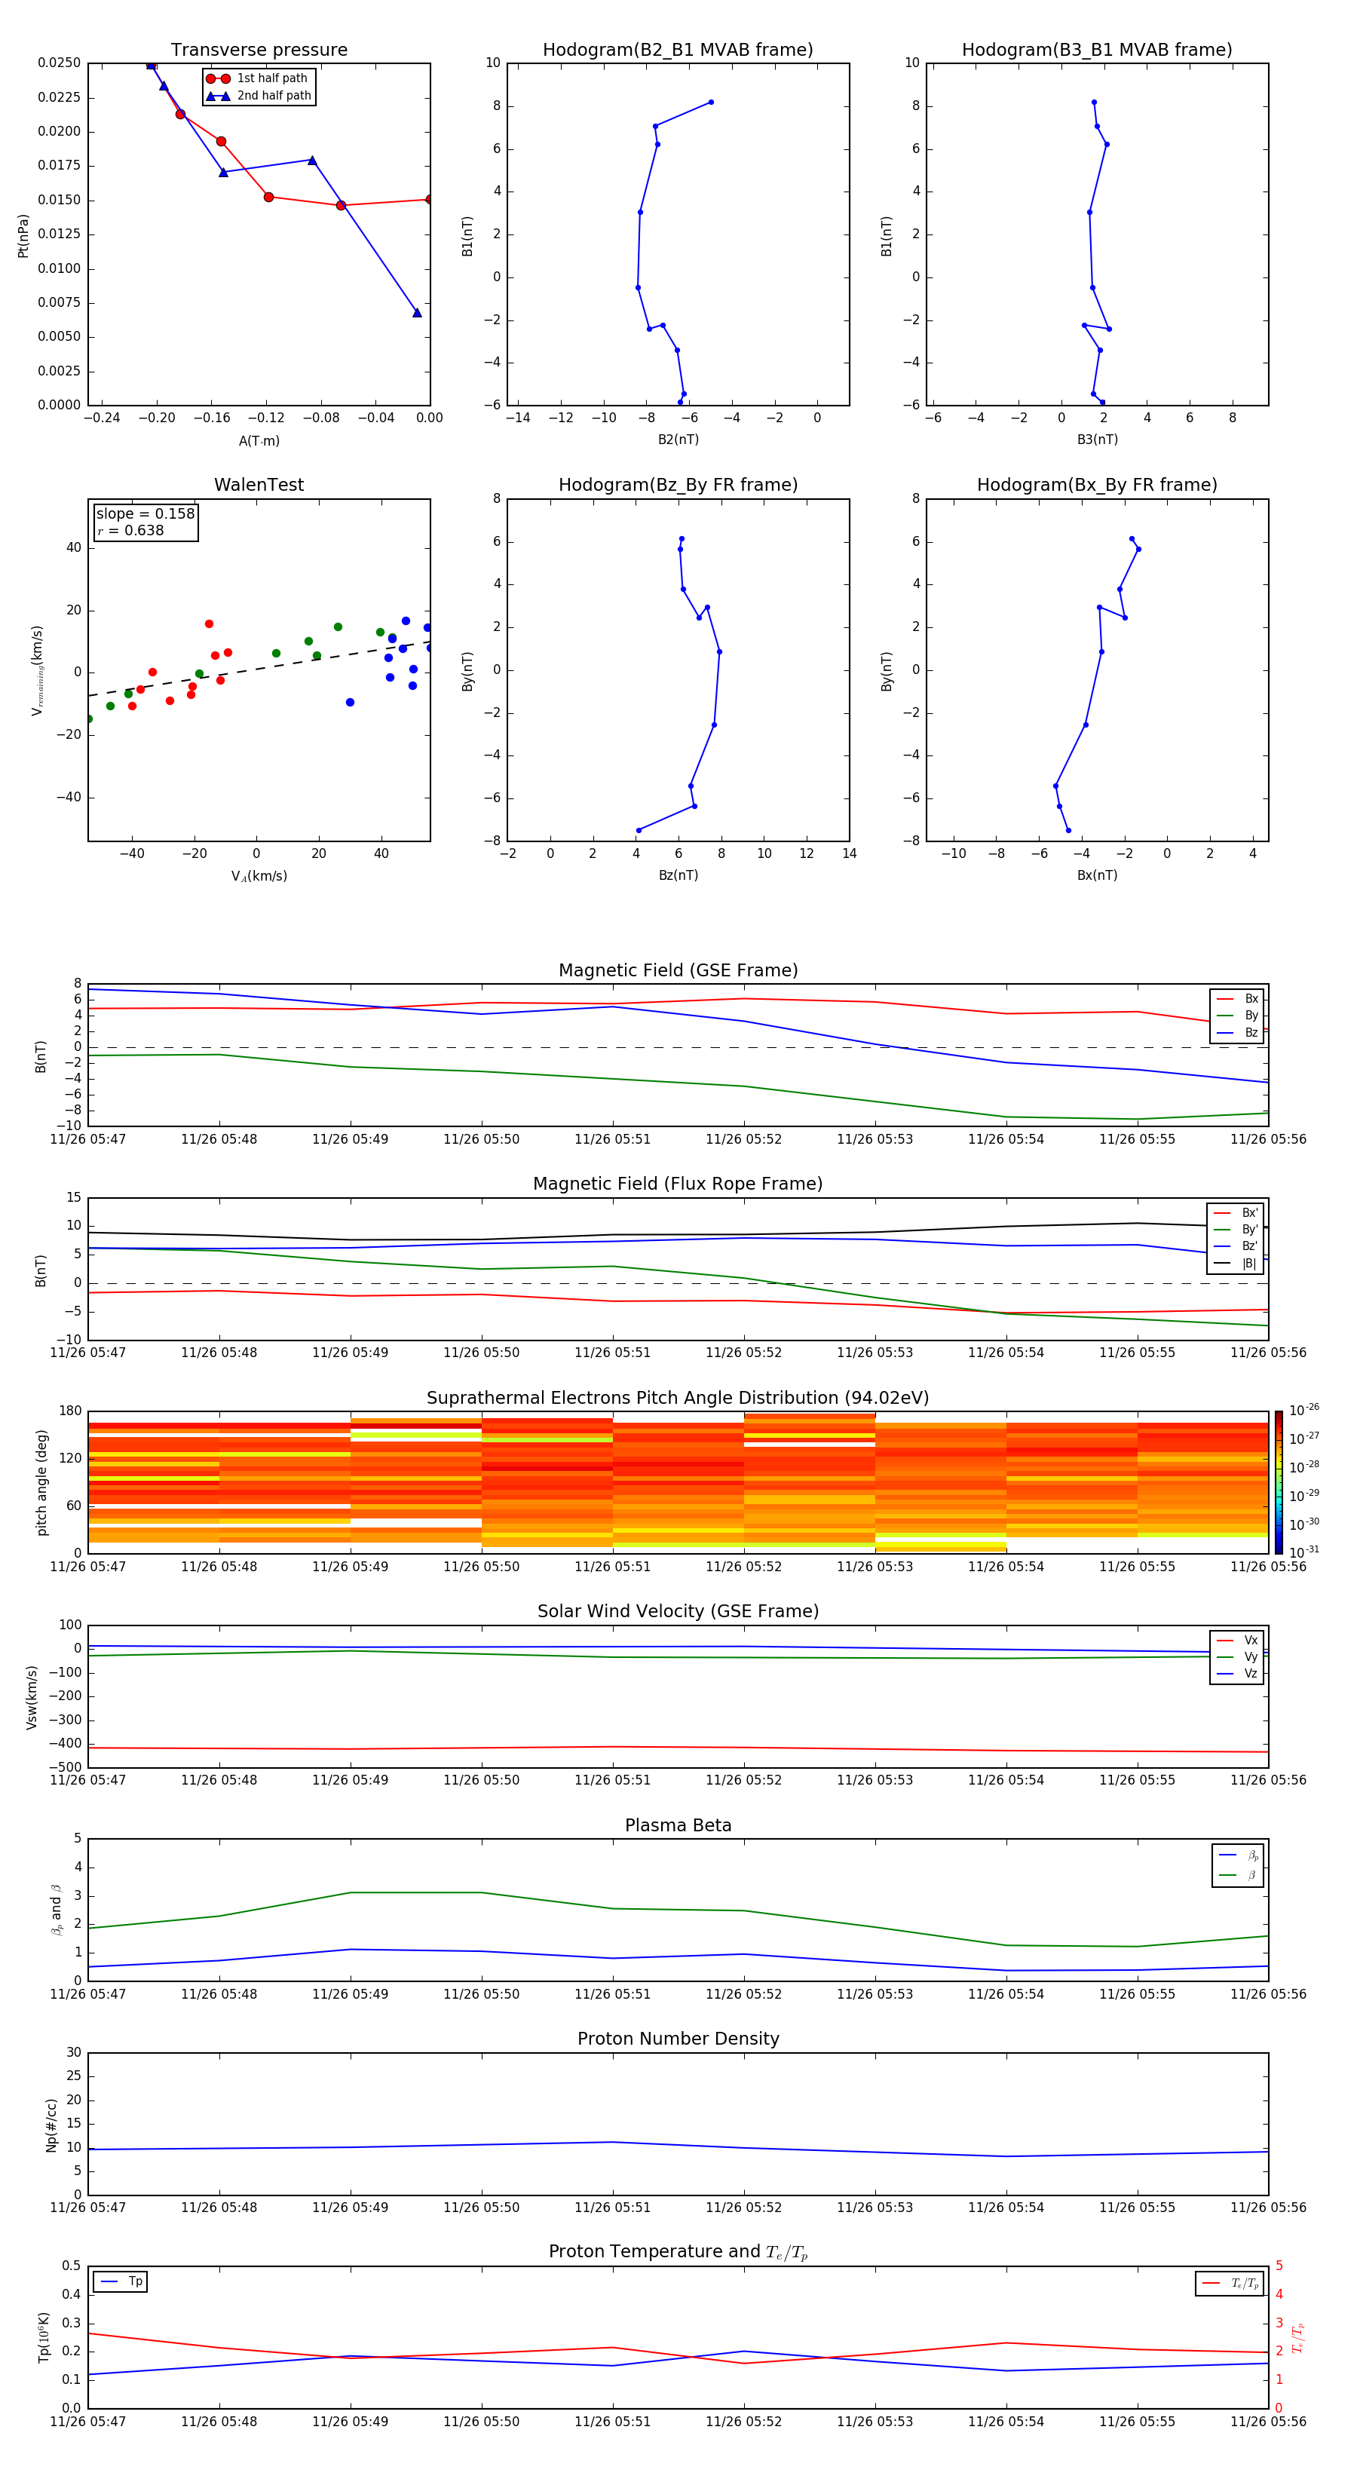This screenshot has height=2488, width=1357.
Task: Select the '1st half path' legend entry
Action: point(271,78)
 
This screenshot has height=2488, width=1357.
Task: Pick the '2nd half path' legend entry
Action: point(274,96)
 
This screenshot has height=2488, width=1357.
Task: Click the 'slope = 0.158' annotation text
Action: point(145,514)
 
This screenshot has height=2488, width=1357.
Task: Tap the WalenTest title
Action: point(259,485)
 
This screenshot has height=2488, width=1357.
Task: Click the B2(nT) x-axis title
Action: point(678,440)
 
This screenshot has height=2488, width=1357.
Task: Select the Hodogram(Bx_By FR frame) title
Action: point(1096,485)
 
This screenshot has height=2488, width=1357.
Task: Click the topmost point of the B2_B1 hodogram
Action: point(711,103)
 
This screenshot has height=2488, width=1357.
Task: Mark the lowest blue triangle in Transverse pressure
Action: point(417,313)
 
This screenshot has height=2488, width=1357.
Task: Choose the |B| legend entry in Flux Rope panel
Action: point(1249,1264)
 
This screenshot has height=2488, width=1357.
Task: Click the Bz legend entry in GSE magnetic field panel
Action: point(1251,1032)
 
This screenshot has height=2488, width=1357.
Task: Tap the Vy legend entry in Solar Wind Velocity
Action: point(1251,1656)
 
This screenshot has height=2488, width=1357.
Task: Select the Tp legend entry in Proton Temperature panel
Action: point(135,2281)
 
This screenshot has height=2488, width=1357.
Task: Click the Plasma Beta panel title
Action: point(678,1825)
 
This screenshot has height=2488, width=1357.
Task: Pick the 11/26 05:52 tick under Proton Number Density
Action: point(743,2207)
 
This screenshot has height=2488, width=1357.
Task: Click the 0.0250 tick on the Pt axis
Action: point(59,63)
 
